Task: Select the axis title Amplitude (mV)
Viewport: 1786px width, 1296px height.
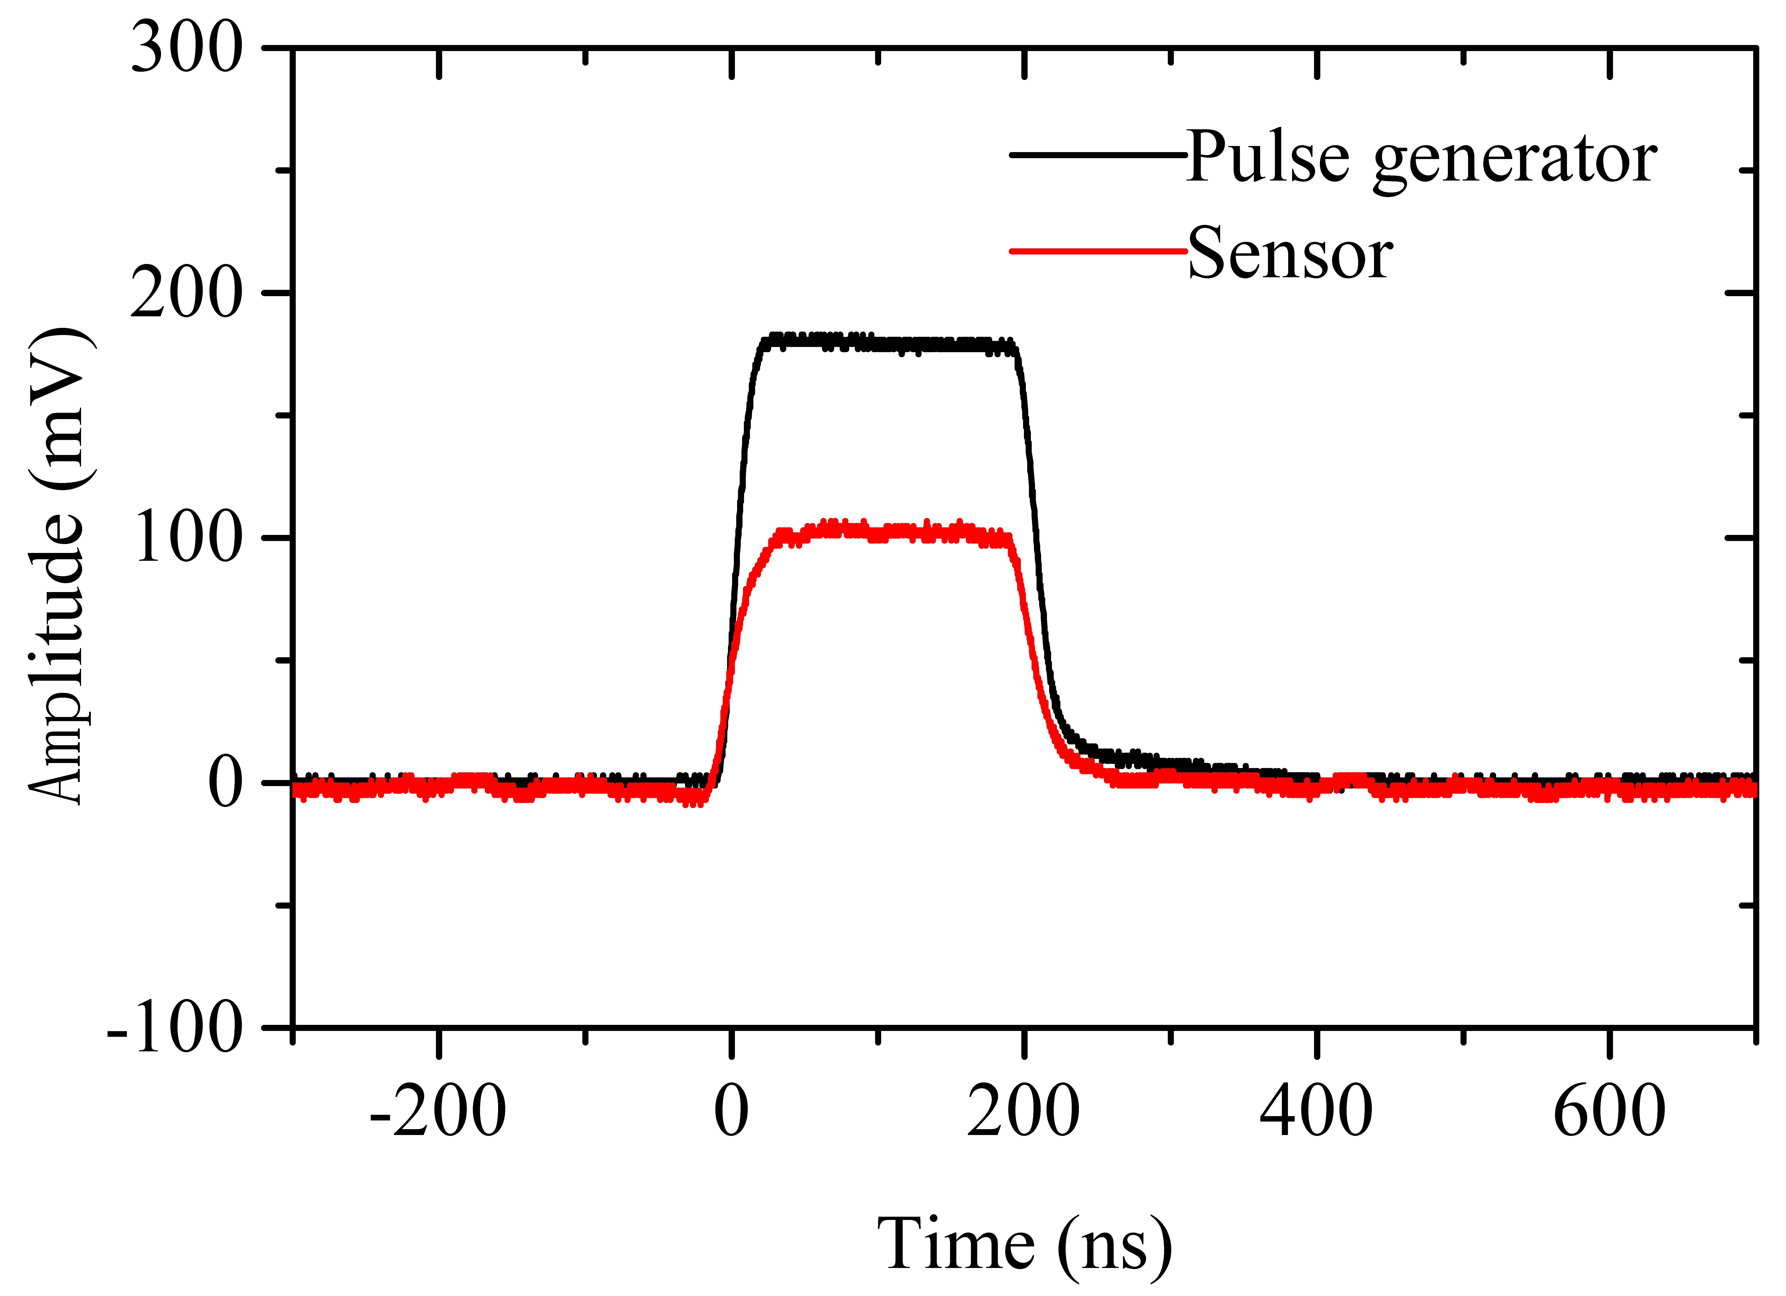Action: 59,565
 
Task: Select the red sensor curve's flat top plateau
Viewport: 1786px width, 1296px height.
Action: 890,533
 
